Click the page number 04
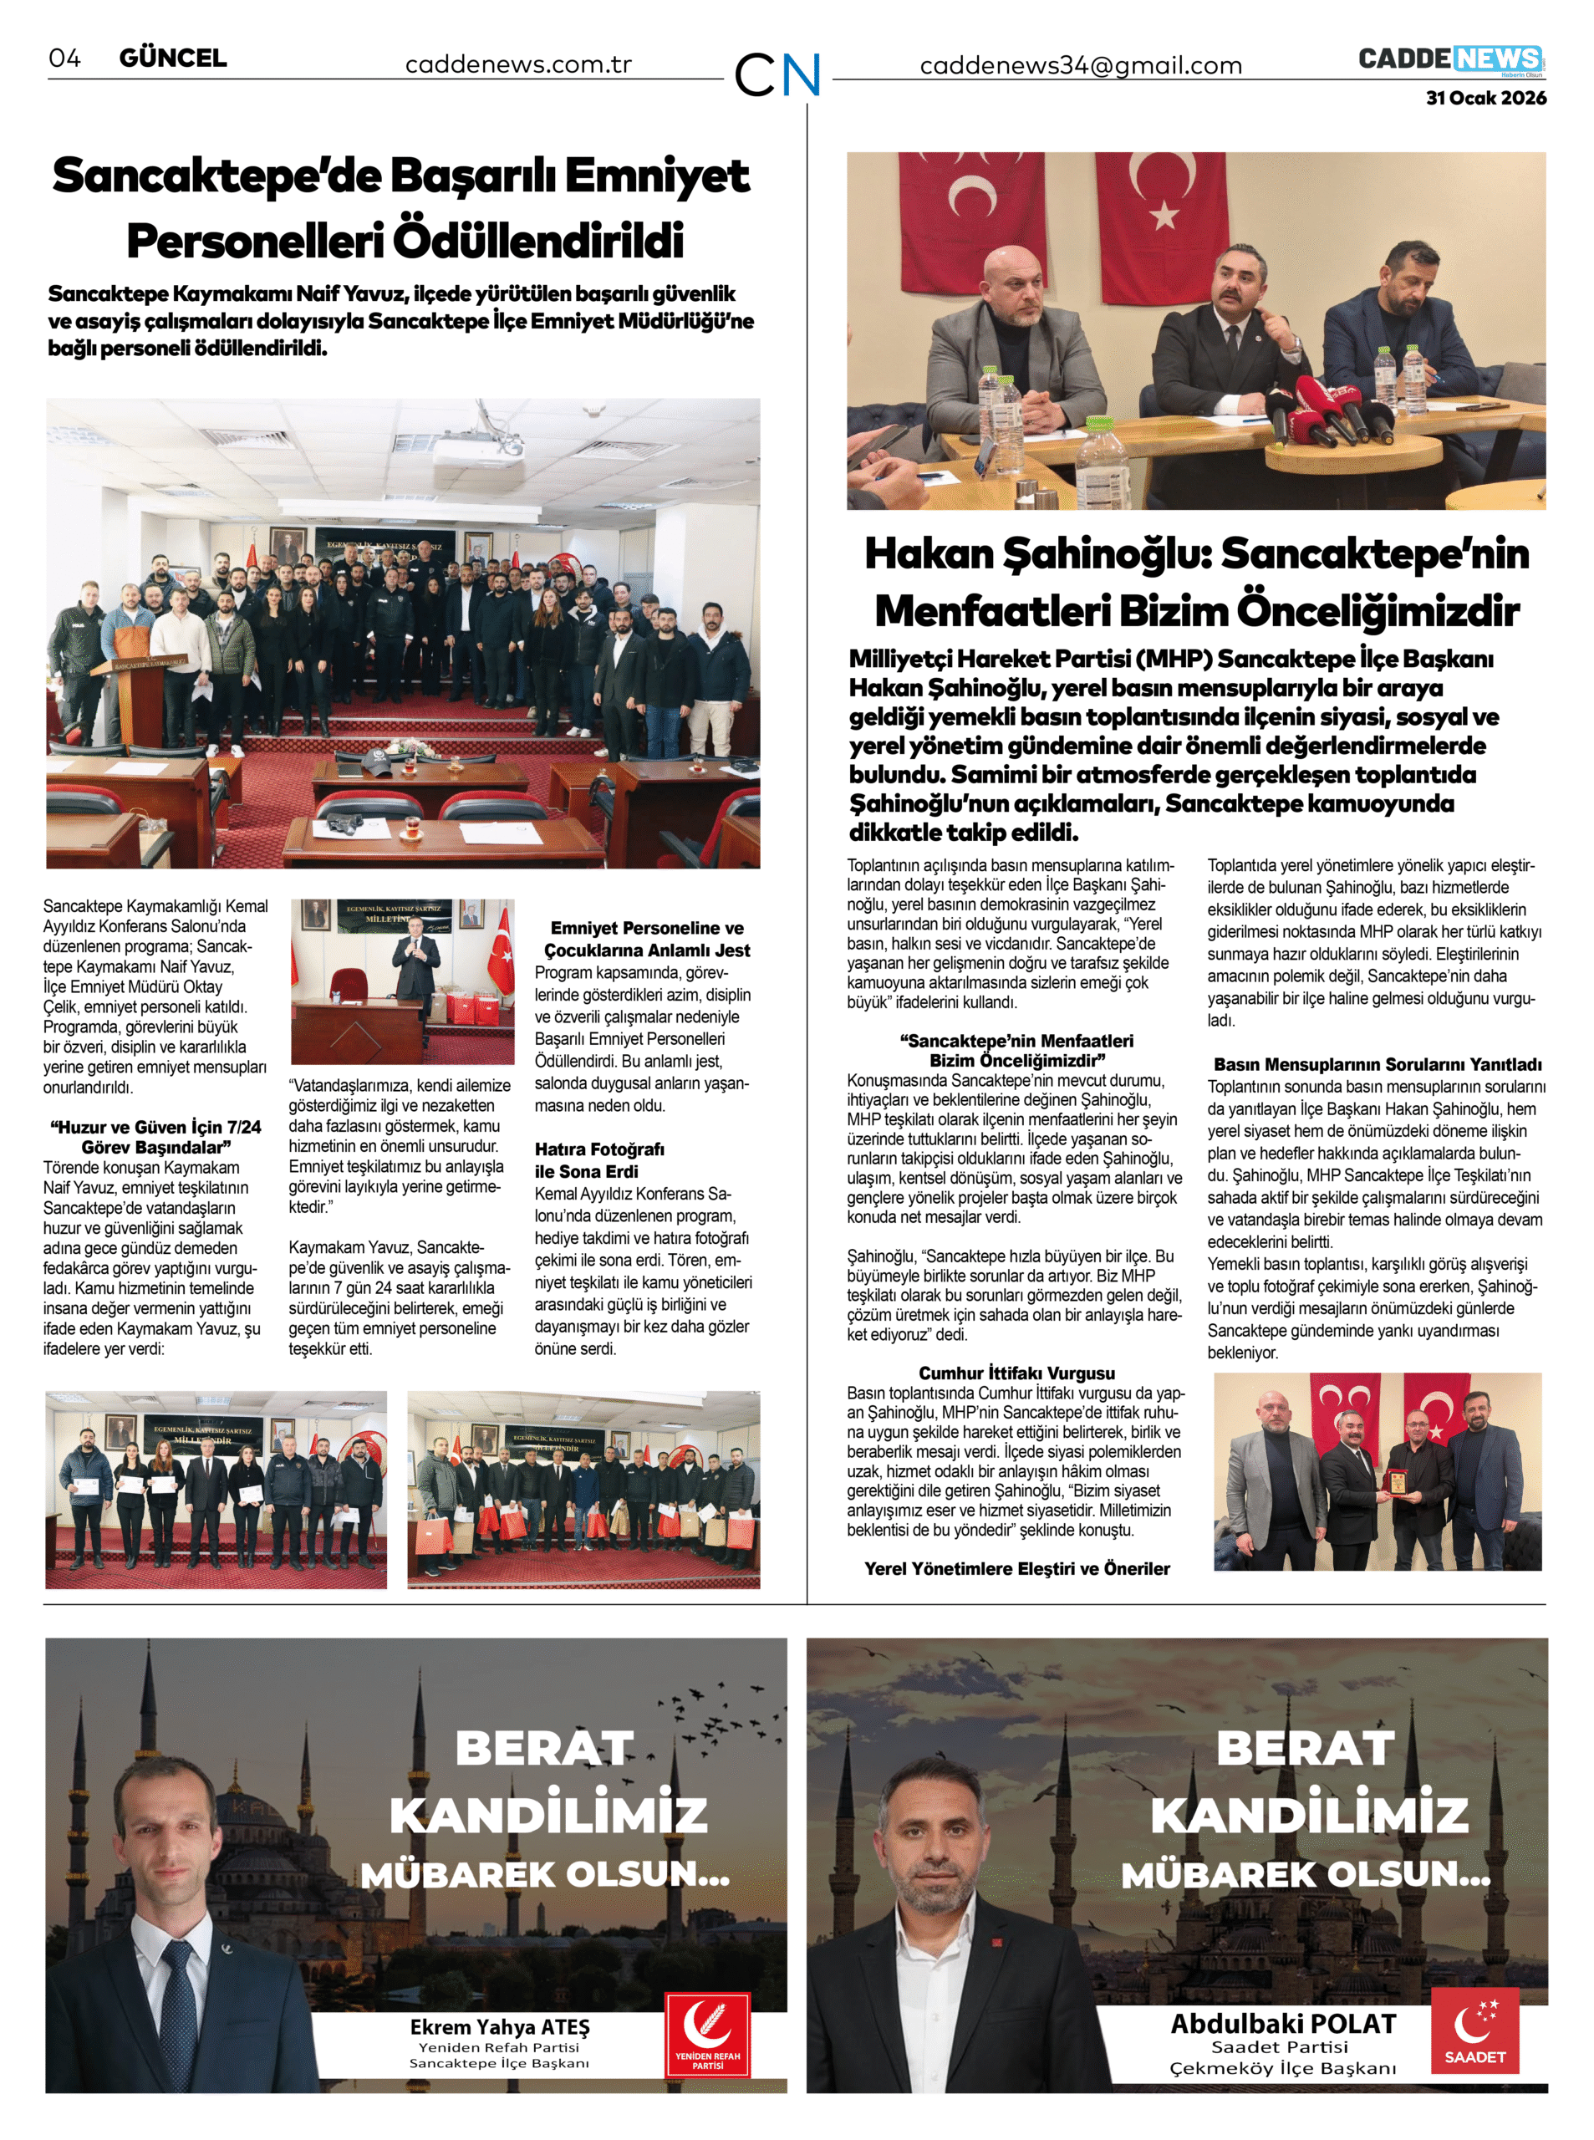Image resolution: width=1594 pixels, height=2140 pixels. click(64, 58)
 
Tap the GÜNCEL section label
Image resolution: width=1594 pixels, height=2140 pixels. click(173, 58)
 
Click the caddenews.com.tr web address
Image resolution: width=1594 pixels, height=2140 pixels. click(518, 64)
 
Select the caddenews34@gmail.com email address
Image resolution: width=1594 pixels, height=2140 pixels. click(1081, 65)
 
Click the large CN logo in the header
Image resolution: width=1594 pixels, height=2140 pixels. click(777, 74)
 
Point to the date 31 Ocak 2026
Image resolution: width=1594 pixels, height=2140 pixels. click(1486, 99)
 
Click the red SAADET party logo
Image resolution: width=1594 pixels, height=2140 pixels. click(1474, 2031)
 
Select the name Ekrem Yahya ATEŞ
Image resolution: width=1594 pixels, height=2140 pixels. click(500, 2027)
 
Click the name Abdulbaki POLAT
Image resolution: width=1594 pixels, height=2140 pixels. click(1283, 2023)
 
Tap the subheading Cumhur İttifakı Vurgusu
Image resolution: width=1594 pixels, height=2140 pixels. click(1017, 1373)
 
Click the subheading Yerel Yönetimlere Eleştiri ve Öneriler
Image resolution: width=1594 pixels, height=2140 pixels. click(1017, 1569)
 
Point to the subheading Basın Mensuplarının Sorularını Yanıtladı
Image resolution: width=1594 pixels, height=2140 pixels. click(1378, 1065)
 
